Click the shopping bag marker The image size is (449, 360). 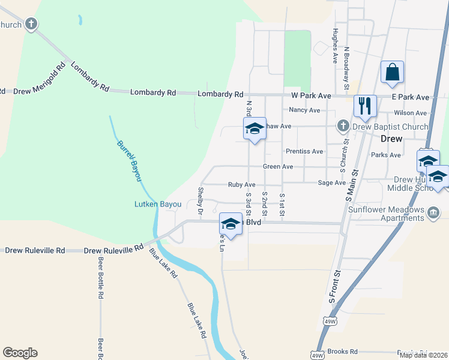pos(392,73)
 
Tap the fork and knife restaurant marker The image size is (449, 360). pos(364,106)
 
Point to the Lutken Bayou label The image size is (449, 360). pos(157,204)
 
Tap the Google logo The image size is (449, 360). pos(20,353)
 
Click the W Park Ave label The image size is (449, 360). pos(311,95)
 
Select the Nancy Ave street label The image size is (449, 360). pos(304,110)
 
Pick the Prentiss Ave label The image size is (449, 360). pos(304,151)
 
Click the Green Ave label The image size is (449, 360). pos(278,166)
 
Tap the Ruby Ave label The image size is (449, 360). pos(241,185)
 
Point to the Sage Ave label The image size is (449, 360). pos(331,182)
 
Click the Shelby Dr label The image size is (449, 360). pos(200,200)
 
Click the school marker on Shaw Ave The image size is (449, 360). pos(254,128)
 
